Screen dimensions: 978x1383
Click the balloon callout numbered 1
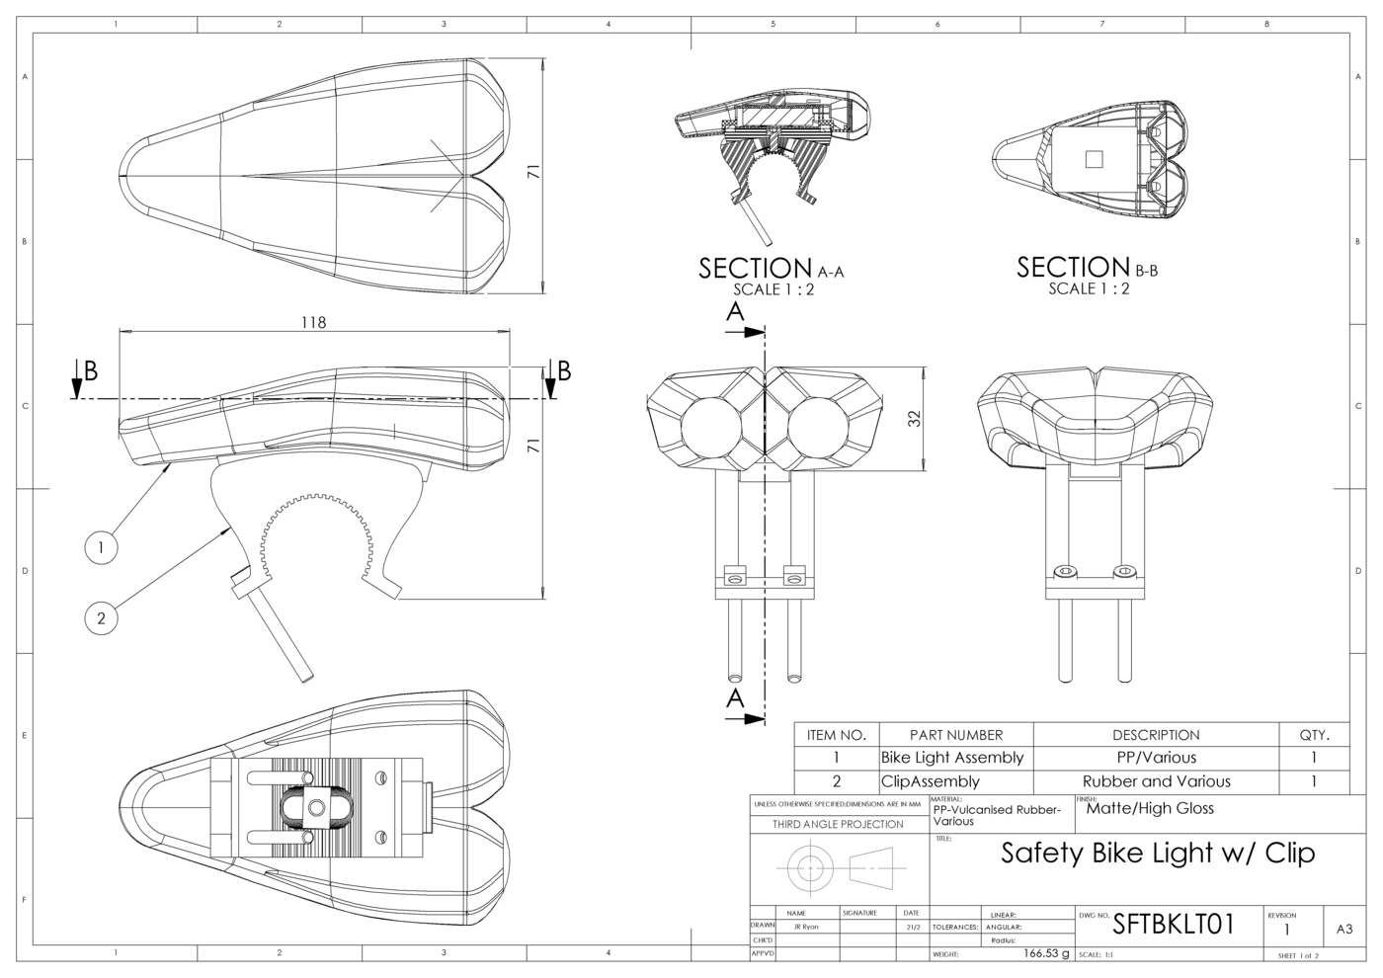(102, 546)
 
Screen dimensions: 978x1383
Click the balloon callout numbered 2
(101, 619)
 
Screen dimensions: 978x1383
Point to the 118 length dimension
(313, 322)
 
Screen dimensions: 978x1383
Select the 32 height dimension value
(914, 418)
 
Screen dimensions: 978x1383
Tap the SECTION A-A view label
(772, 269)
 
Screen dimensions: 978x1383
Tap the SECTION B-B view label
(1088, 268)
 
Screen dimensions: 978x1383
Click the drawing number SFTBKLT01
(1174, 925)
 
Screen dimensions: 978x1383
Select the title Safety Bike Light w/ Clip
(1158, 853)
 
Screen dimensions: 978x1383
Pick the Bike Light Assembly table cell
(952, 758)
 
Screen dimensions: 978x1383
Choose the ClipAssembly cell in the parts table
(930, 781)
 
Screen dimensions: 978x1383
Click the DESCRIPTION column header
(1156, 735)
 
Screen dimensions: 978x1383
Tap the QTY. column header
(1314, 735)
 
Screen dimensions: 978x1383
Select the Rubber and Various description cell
(1156, 781)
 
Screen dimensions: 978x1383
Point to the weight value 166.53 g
(1046, 953)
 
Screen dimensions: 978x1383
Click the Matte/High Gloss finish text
(1150, 808)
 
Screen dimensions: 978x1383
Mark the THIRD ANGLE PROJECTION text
(838, 824)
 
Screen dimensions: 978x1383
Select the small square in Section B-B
(1093, 159)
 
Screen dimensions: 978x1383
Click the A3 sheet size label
(1344, 929)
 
